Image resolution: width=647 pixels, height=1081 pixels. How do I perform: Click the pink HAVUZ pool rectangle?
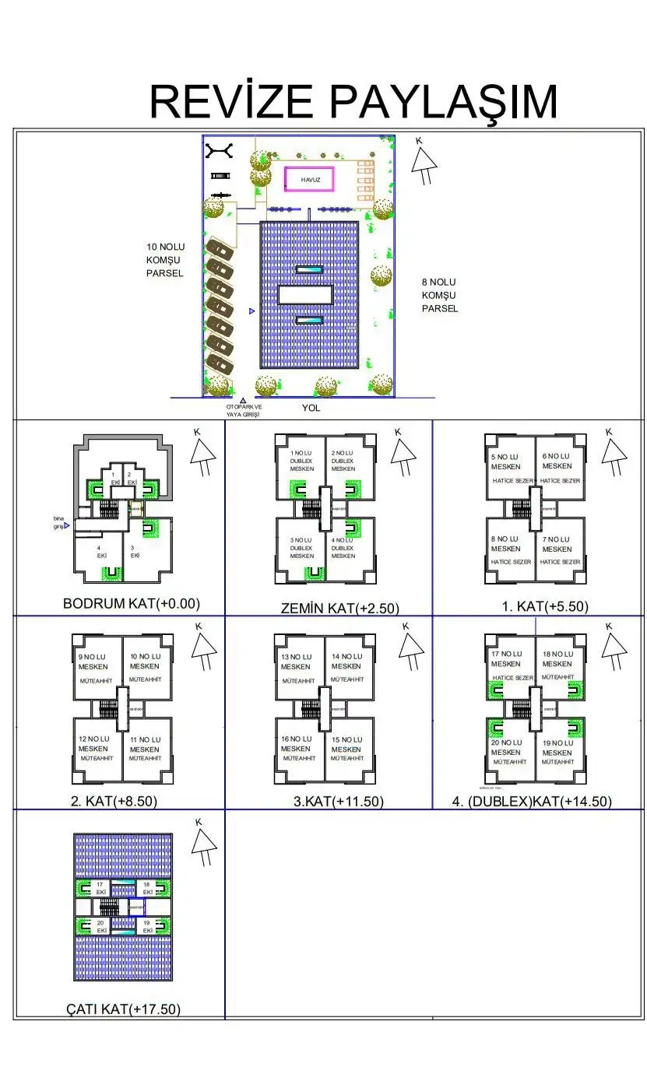(x=309, y=180)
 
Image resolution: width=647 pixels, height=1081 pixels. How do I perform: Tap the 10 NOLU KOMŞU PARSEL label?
(x=165, y=260)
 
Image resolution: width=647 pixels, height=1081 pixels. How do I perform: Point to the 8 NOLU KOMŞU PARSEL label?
(x=440, y=295)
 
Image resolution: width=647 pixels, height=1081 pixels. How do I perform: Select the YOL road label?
(x=311, y=408)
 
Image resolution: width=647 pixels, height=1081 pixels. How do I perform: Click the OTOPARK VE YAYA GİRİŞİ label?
(x=244, y=411)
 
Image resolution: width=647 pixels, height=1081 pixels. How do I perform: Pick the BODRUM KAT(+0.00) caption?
(x=132, y=603)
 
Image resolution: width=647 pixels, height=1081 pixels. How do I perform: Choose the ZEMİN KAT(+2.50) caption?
(x=339, y=608)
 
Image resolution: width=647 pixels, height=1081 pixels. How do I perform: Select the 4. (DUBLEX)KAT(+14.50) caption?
(x=532, y=802)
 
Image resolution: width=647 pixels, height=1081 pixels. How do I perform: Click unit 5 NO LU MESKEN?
(x=506, y=462)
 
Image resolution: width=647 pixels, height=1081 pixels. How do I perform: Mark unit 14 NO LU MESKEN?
(x=347, y=662)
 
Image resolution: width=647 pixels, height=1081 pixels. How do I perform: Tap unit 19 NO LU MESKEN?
(x=557, y=748)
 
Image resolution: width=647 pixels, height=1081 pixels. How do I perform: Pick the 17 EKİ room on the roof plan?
(x=100, y=888)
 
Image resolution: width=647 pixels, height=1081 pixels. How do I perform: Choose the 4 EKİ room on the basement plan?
(x=101, y=552)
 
